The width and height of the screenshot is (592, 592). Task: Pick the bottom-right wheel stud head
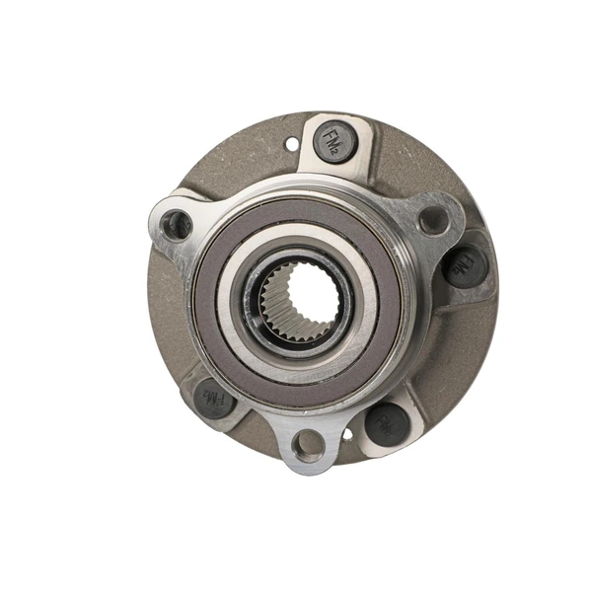tap(387, 422)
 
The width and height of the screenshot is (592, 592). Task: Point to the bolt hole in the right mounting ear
tap(432, 219)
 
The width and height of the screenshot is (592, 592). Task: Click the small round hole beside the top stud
tap(290, 144)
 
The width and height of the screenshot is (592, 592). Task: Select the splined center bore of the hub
tap(302, 296)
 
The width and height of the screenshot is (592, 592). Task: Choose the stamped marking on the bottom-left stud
tap(213, 399)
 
